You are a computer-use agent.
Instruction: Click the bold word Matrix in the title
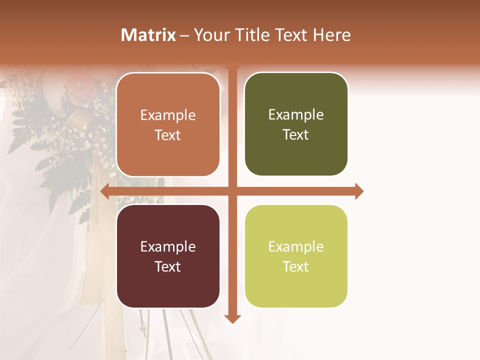148,35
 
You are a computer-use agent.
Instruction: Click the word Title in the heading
248,35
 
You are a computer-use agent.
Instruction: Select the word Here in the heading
331,35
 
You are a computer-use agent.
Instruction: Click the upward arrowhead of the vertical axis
232,65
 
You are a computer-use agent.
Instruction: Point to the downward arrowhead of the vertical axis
232,318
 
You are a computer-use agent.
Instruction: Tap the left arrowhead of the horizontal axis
105,191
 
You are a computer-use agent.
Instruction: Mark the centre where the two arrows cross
232,191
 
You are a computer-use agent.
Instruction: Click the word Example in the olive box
296,115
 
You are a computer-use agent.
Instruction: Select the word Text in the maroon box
168,266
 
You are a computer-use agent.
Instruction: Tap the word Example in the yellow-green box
296,246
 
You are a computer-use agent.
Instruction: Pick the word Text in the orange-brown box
168,135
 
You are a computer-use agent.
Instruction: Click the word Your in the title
210,35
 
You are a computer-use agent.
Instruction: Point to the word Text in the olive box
296,134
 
